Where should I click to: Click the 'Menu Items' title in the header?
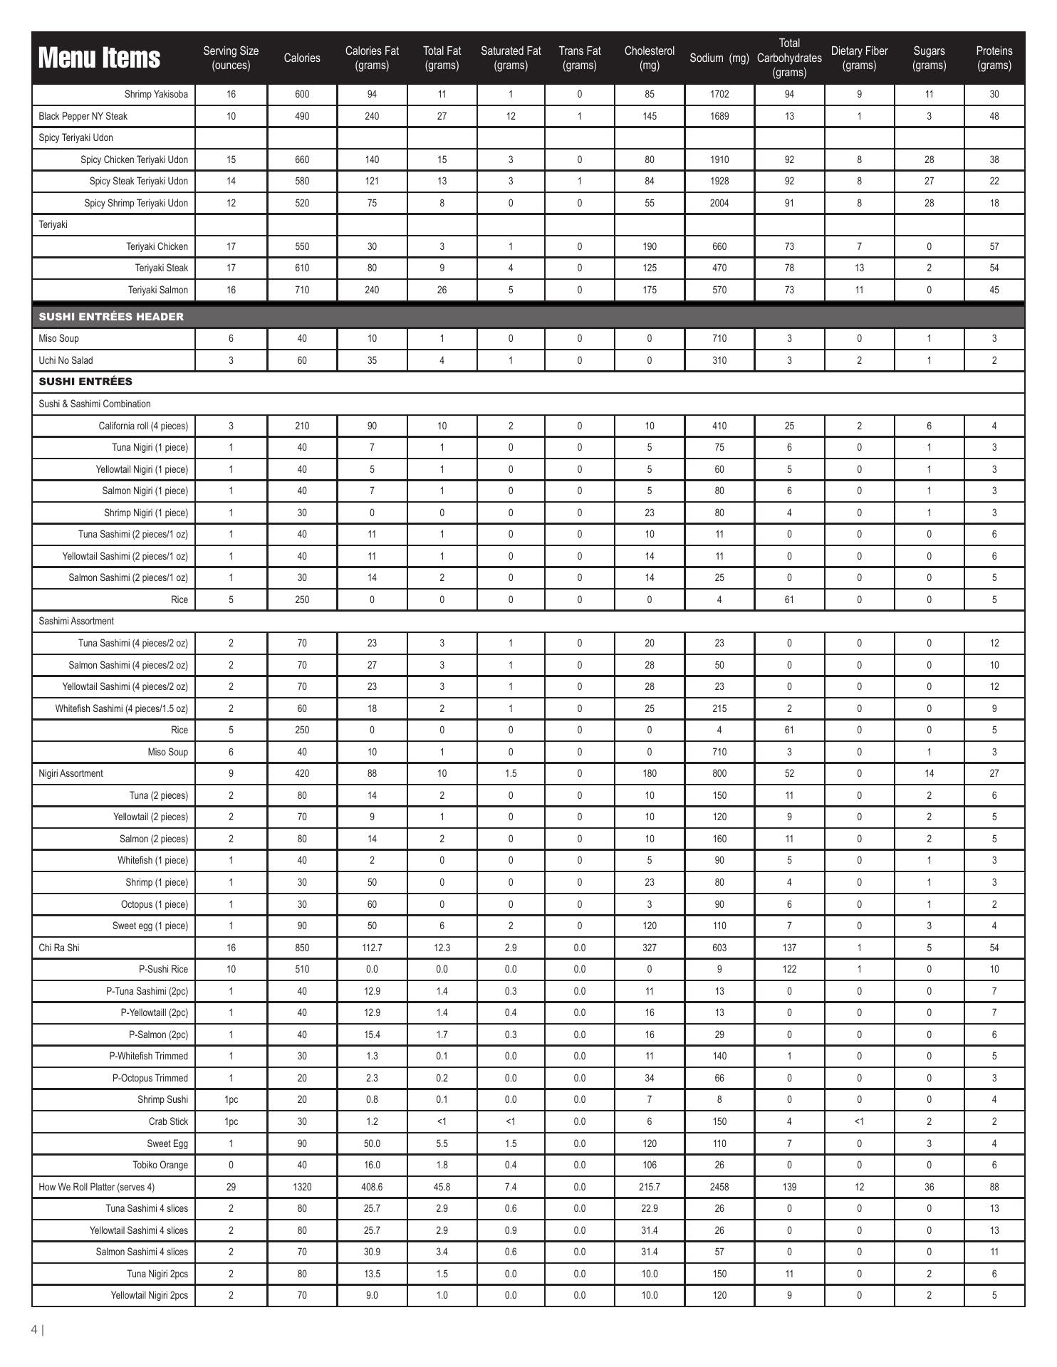pyautogui.click(x=99, y=58)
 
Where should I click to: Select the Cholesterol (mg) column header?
pyautogui.click(x=649, y=58)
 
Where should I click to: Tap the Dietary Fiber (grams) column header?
pyautogui.click(x=859, y=58)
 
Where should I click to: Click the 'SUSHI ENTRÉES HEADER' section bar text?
pyautogui.click(x=111, y=317)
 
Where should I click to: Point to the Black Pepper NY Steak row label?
pyautogui.click(x=83, y=116)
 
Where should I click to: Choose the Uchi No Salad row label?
pyautogui.click(x=66, y=360)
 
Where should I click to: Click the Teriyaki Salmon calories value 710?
pyautogui.click(x=302, y=290)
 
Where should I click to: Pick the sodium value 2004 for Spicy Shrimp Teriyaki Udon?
pyautogui.click(x=719, y=203)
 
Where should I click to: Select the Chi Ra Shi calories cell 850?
pyautogui.click(x=302, y=948)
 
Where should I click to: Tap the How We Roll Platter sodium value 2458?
pyautogui.click(x=719, y=1187)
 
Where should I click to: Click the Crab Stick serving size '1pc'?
pyautogui.click(x=231, y=1121)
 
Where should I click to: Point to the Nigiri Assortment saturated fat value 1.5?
pyautogui.click(x=511, y=773)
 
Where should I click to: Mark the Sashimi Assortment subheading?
pyautogui.click(x=76, y=621)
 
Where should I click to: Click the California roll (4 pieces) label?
pyautogui.click(x=143, y=426)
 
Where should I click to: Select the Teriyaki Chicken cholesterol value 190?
pyautogui.click(x=649, y=246)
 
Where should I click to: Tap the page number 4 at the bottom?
pyautogui.click(x=34, y=1329)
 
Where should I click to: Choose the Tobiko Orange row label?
pyautogui.click(x=160, y=1165)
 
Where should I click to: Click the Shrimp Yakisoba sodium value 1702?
pyautogui.click(x=719, y=94)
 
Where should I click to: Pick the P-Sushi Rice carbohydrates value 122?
pyautogui.click(x=789, y=969)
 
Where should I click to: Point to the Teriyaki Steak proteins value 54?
pyautogui.click(x=994, y=268)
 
